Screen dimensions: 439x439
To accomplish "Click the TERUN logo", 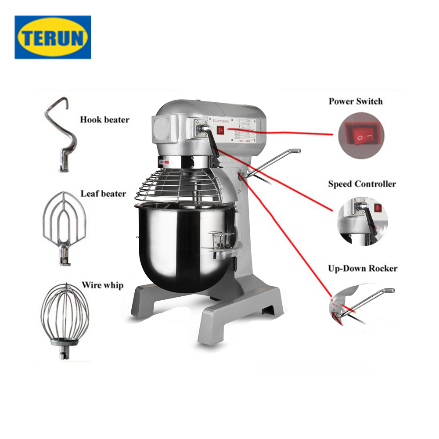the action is click(53, 37).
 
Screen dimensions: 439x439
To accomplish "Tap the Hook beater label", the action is click(104, 119).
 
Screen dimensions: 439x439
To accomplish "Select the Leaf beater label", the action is click(103, 194).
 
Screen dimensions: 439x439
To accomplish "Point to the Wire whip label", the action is click(102, 285).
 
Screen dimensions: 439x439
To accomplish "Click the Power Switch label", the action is click(356, 101).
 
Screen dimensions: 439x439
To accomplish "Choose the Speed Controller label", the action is click(362, 184).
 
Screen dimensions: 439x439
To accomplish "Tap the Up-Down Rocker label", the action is click(362, 268).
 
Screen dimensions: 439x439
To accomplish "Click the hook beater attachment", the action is click(61, 134).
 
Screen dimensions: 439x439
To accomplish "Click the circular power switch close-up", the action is click(361, 139).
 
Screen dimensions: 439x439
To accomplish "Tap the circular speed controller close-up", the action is click(363, 221).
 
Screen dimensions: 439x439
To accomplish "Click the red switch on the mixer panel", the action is click(220, 130).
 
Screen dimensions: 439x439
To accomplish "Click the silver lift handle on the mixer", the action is click(274, 162).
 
